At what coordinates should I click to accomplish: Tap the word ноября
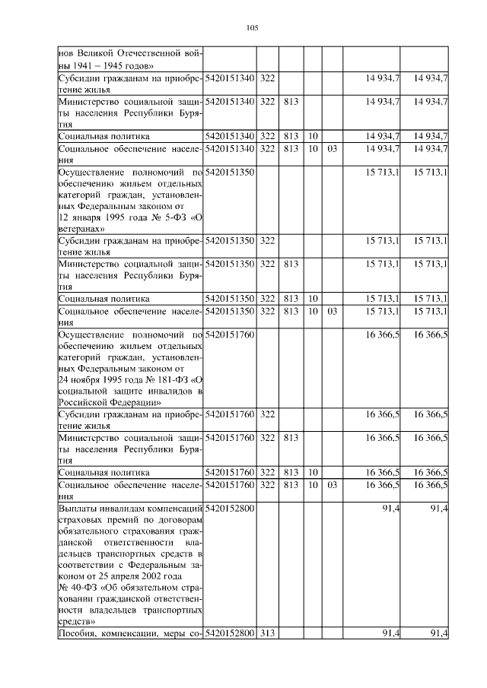[90, 379]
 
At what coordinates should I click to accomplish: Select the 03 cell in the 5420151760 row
[332, 484]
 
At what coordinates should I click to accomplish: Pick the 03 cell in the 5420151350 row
[332, 310]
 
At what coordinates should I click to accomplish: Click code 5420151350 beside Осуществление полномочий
[230, 173]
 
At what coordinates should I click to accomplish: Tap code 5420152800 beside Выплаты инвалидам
[230, 507]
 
